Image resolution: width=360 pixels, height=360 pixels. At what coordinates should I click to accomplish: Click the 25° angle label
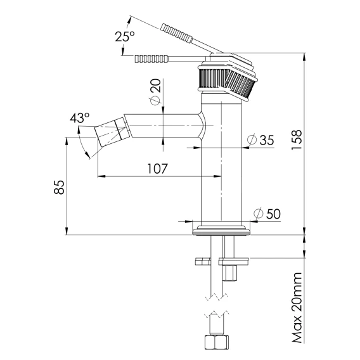pos(125,36)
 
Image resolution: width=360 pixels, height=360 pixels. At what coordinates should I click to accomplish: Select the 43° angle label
pos(80,118)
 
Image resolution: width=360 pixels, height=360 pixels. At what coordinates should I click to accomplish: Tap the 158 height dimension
pos(296,140)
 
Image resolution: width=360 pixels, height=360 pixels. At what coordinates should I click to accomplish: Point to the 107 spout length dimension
pos(157,169)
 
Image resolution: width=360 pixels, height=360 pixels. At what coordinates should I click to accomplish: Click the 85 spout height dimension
pos(59,188)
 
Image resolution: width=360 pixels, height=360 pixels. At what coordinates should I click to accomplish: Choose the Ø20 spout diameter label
pos(155,92)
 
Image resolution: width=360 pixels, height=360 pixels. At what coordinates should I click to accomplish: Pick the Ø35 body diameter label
pos(261,140)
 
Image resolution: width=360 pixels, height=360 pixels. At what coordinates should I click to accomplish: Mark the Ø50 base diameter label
pos(267,214)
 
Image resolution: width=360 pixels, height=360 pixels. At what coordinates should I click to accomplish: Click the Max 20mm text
pos(297,307)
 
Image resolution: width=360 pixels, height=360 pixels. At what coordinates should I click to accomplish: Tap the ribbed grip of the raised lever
pos(176,33)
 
